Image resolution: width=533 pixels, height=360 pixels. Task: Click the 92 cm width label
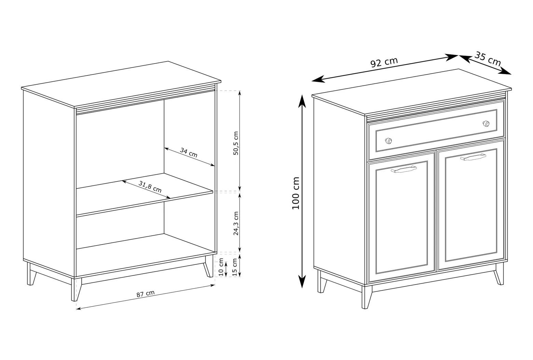pyautogui.click(x=384, y=63)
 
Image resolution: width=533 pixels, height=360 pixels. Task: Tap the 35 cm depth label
pyautogui.click(x=488, y=59)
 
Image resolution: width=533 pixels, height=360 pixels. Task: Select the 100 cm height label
pyautogui.click(x=296, y=193)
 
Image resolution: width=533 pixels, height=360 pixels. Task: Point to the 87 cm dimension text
pyautogui.click(x=146, y=294)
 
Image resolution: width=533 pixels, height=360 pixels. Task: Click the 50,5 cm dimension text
pyautogui.click(x=235, y=143)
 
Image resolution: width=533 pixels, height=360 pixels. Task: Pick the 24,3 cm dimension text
pyautogui.click(x=235, y=223)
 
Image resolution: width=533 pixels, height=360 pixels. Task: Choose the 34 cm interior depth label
pyautogui.click(x=189, y=153)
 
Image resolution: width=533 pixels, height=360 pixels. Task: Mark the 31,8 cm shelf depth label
pyautogui.click(x=150, y=187)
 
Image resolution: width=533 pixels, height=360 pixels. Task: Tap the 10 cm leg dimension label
pyautogui.click(x=221, y=267)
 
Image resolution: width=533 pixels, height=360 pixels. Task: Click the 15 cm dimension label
pyautogui.click(x=235, y=267)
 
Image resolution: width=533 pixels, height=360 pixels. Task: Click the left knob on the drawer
pyautogui.click(x=388, y=141)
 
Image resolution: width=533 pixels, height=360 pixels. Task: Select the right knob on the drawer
pyautogui.click(x=486, y=124)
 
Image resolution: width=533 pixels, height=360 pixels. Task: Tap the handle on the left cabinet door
pyautogui.click(x=404, y=169)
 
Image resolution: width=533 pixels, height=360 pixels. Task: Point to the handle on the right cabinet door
pyautogui.click(x=473, y=157)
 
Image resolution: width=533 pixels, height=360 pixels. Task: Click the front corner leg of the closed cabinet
pyautogui.click(x=366, y=297)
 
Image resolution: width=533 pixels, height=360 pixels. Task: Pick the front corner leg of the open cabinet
pyautogui.click(x=76, y=289)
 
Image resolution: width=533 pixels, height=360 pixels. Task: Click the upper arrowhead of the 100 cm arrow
pyautogui.click(x=302, y=101)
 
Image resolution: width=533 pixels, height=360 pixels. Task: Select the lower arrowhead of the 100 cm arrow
pyautogui.click(x=302, y=281)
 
